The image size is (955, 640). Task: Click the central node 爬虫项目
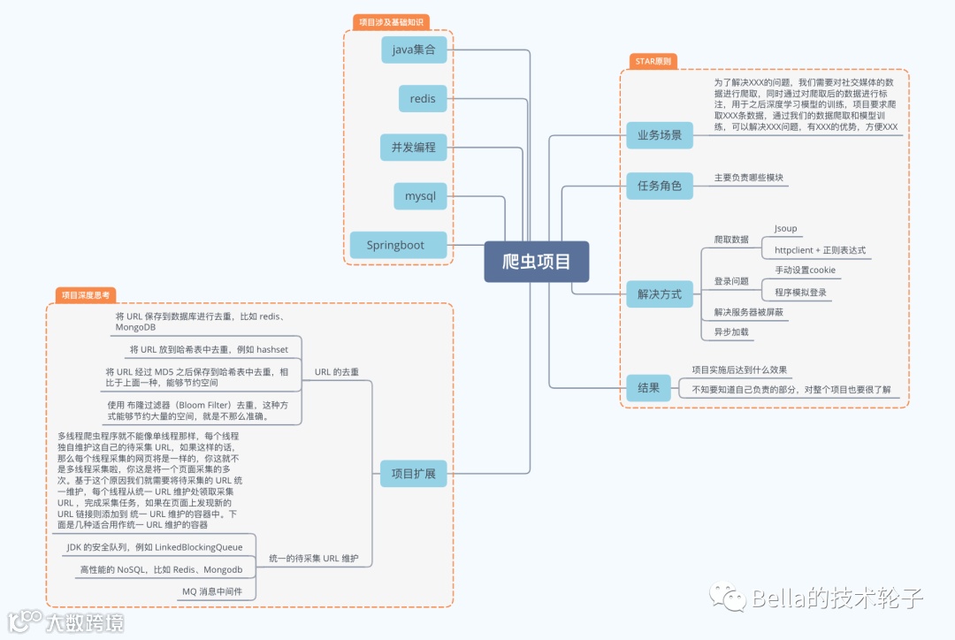coord(536,262)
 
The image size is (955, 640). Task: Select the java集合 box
coord(414,50)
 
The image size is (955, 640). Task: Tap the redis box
coord(422,98)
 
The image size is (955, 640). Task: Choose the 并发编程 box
coord(414,147)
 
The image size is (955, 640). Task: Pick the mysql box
coord(420,195)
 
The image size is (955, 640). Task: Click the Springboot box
coord(395,245)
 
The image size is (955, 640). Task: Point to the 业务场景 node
coord(659,135)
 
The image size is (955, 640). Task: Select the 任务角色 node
coord(659,186)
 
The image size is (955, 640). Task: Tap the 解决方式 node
coord(659,293)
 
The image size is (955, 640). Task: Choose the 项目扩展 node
coord(413,473)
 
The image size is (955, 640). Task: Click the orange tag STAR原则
coord(653,61)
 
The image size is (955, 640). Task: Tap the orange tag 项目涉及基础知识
coord(389,21)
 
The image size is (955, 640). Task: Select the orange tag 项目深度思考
coord(86,295)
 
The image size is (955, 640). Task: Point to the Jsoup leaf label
coord(785,228)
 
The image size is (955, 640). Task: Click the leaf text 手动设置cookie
coord(805,270)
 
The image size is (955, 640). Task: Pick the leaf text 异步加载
coord(731,332)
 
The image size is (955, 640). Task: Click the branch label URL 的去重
coord(337,372)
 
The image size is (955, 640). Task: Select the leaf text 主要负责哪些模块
coord(749,178)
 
